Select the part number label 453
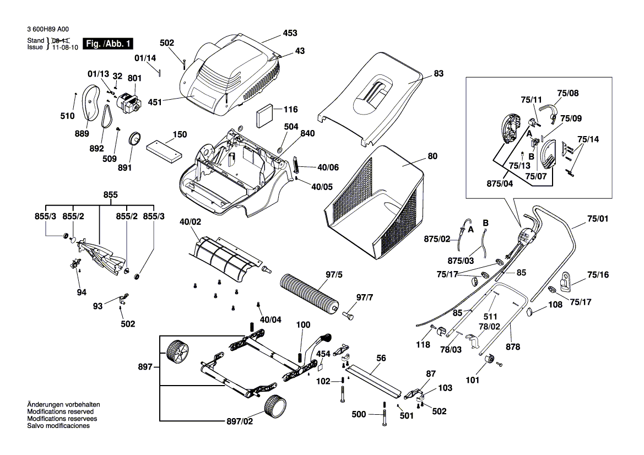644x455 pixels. click(290, 33)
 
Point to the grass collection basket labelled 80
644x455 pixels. click(375, 204)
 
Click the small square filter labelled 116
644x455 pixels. click(266, 117)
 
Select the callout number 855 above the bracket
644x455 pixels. click(111, 195)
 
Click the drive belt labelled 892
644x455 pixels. click(106, 117)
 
